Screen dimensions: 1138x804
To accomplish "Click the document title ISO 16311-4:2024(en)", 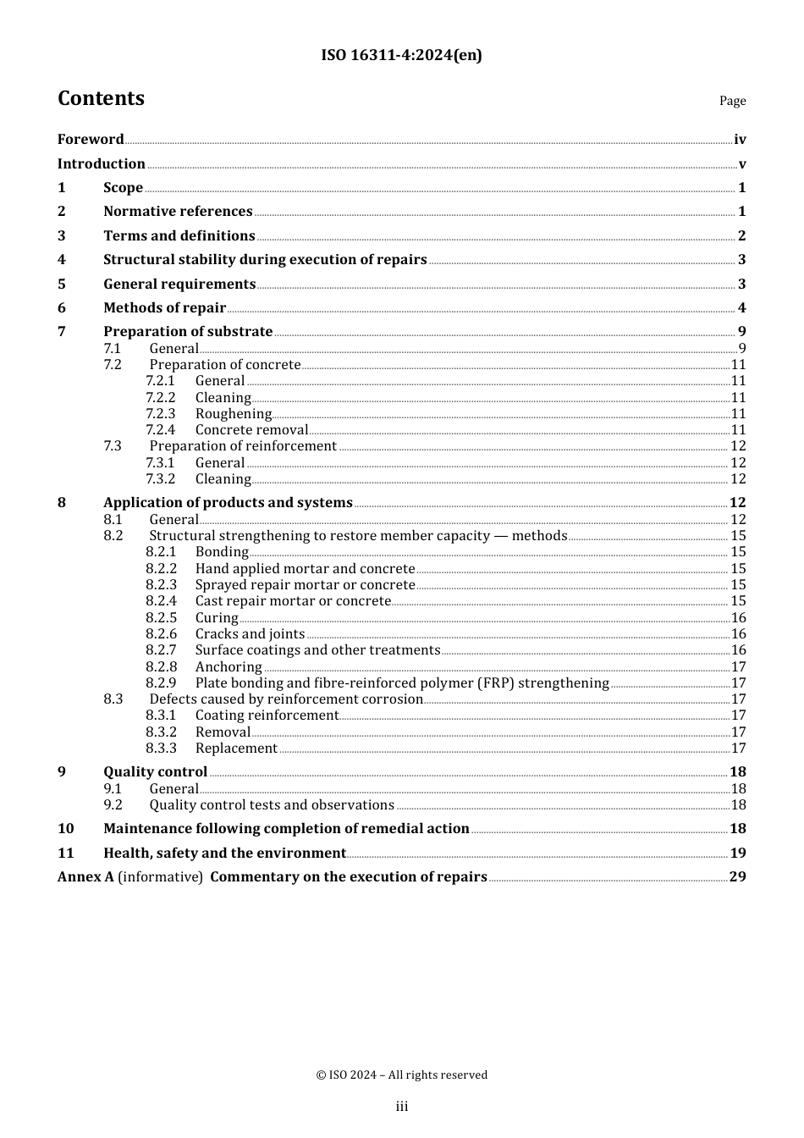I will pos(401,56).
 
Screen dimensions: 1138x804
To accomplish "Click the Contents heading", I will pos(101,99).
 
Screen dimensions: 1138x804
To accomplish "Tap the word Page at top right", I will pos(732,101).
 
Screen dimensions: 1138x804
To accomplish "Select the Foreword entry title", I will pos(91,140).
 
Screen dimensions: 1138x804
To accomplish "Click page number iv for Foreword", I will pos(740,140).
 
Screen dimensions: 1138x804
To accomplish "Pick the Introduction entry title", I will pos(102,164).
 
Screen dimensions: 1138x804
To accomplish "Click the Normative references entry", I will pos(178,212).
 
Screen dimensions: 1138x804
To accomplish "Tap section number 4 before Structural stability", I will pos(62,260).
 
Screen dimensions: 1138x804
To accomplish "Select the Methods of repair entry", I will pos(164,308).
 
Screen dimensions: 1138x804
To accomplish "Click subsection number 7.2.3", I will pos(160,414).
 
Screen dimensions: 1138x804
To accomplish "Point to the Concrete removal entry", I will pos(251,430).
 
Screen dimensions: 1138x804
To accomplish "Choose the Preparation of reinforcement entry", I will pos(243,446).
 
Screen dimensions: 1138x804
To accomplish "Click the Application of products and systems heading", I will pos(228,503).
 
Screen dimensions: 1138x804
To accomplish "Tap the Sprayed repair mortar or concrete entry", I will pos(305,585).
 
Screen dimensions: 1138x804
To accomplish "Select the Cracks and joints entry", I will pos(250,634).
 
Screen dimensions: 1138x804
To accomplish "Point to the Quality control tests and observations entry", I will pos(272,805).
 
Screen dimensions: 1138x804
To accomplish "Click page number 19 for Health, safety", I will pos(738,853).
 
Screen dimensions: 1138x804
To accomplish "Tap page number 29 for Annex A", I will pos(738,877).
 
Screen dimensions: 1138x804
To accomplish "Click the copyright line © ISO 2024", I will pos(401,1075).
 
